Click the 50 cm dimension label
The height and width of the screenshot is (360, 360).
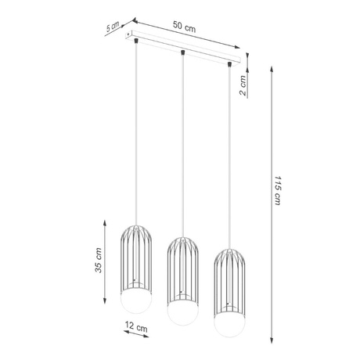coord(185,28)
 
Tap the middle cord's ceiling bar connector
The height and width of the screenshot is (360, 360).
coord(182,52)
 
